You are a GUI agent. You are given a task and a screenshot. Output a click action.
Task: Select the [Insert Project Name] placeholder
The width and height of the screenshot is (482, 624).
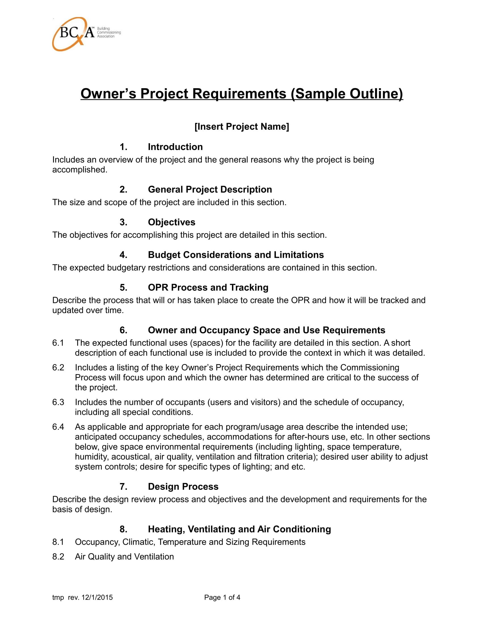[x=242, y=127]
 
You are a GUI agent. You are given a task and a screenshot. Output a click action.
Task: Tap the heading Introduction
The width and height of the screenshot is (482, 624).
[x=175, y=147]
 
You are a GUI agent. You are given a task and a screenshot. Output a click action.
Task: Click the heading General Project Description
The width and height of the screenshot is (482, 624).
[x=210, y=189]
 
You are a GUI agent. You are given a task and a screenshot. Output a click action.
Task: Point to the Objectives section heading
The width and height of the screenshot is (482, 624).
[x=171, y=222]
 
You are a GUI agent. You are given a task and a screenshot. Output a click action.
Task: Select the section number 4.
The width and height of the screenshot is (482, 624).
[x=123, y=255]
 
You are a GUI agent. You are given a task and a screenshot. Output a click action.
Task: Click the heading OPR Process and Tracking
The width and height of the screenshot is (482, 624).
[x=208, y=287]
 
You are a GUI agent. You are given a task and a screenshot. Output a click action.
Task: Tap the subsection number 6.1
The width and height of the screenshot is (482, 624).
[x=58, y=343]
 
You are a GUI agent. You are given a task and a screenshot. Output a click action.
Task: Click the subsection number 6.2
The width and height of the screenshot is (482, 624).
[x=58, y=367]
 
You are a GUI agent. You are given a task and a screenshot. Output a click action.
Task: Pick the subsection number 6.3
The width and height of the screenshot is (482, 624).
[x=58, y=402]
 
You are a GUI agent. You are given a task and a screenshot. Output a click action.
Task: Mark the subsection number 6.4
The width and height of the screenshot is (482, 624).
[x=58, y=427]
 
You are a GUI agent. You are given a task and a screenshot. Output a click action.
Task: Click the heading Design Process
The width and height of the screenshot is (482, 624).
[x=183, y=486]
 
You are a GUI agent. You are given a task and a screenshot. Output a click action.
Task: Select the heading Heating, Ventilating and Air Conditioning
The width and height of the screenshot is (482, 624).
[x=239, y=529]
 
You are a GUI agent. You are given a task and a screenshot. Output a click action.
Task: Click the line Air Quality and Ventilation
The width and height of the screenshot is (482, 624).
[x=124, y=556]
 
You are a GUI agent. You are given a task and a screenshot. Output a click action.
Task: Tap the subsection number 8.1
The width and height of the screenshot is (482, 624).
[x=58, y=542]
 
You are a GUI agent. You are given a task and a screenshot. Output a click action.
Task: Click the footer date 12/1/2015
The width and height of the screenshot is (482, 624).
[x=97, y=597]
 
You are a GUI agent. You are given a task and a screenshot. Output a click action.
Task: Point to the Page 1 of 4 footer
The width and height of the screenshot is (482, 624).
[x=222, y=597]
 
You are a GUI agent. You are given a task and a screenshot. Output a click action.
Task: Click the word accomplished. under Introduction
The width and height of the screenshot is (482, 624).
[x=80, y=170]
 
